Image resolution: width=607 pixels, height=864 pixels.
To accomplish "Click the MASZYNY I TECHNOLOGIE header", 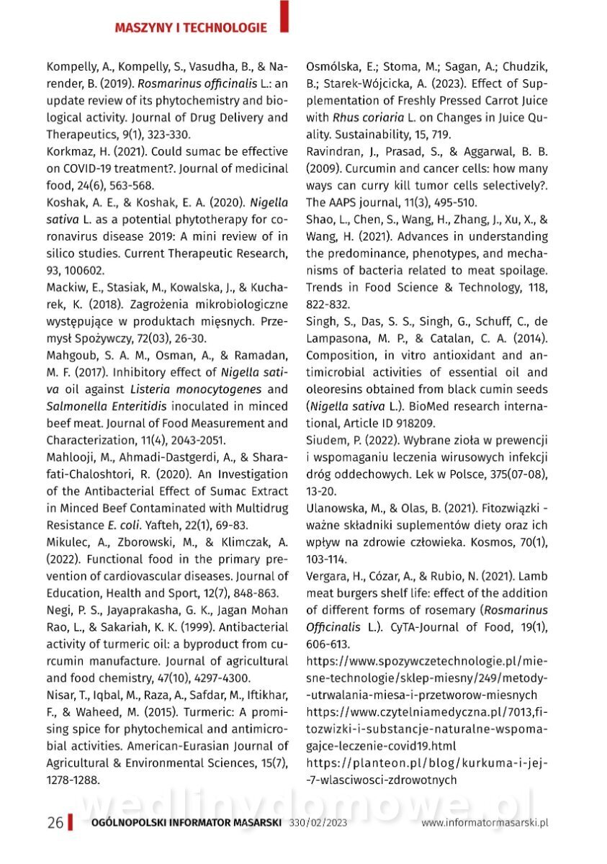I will pyautogui.click(x=191, y=28).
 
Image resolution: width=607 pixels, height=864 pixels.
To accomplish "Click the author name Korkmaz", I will pyautogui.click(x=71, y=152).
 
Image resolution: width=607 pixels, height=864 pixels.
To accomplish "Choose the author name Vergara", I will pyautogui.click(x=328, y=576).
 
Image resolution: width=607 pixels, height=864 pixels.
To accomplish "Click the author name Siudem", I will pyautogui.click(x=326, y=440).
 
